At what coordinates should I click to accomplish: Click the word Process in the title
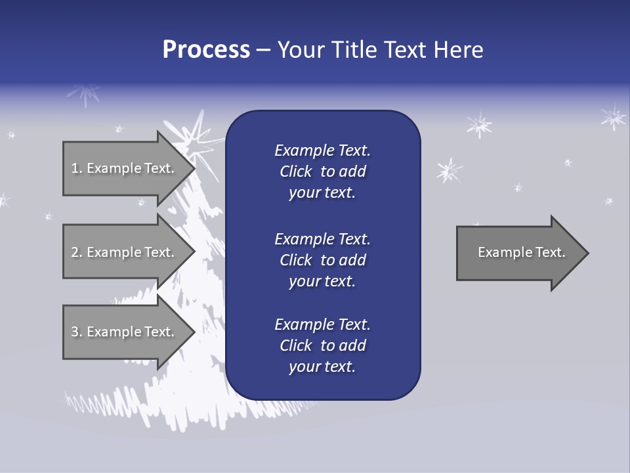pos(206,50)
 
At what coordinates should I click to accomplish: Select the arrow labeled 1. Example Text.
pos(125,168)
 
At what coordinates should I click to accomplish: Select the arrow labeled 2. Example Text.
pos(125,252)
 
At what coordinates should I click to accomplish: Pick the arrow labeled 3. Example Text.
pos(125,332)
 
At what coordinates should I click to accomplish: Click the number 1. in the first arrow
pos(76,168)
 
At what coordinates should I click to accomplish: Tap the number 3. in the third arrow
pos(76,332)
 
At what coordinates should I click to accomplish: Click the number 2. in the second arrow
pos(76,252)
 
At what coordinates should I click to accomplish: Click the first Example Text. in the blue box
pos(322,150)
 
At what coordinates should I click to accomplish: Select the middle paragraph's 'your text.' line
pos(322,281)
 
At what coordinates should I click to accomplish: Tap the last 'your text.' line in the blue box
pos(322,367)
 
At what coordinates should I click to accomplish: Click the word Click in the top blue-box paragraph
pos(296,171)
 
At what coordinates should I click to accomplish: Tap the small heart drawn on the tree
pos(172,212)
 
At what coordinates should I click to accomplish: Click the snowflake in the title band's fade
pos(84,95)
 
